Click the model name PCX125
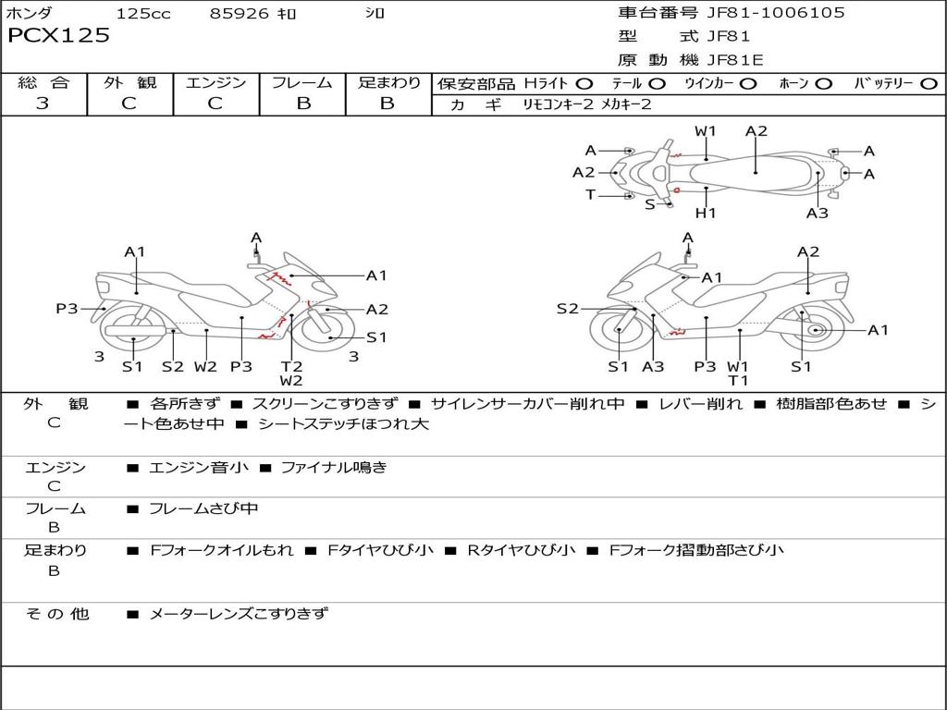58,35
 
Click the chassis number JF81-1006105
776,12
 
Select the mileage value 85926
239,13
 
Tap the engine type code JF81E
735,60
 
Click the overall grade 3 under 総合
43,103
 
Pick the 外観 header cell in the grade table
129,82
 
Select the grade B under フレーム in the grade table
303,104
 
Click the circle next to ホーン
823,84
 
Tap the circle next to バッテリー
929,84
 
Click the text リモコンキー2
558,104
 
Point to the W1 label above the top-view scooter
705,131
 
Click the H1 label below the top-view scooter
706,213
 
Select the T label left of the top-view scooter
590,194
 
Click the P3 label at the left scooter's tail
67,309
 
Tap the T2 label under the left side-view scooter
291,366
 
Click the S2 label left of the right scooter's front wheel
568,309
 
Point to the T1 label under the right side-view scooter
738,380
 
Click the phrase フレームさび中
203,509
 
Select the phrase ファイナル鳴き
334,467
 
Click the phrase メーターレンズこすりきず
239,614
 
